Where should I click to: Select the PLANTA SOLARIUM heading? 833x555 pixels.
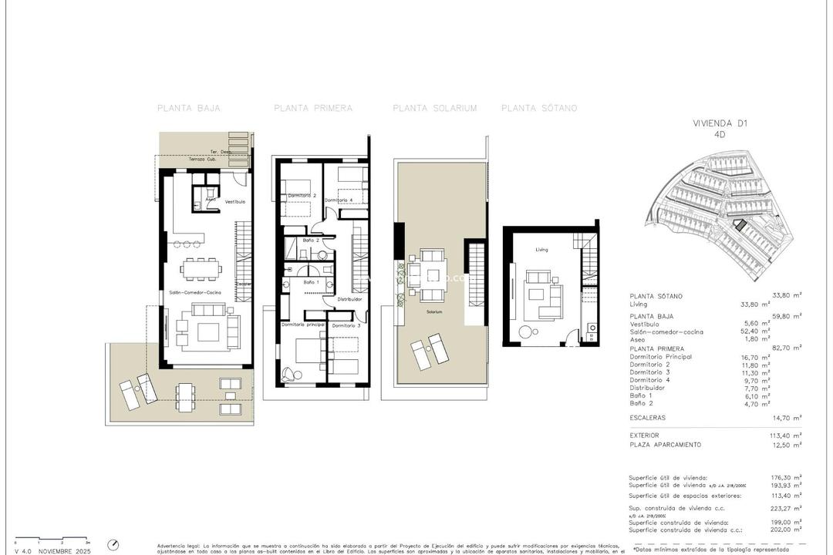point(434,109)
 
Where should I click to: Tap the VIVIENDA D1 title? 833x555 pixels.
point(720,123)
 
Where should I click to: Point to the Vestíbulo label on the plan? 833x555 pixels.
point(234,202)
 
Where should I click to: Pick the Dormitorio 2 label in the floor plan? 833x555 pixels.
point(302,196)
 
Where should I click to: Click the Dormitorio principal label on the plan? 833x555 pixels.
point(302,325)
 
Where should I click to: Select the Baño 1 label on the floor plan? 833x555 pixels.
point(311,283)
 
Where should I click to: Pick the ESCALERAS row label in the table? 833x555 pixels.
point(647,418)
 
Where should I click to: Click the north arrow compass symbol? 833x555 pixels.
point(113,544)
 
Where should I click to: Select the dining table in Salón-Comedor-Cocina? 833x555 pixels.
point(201,267)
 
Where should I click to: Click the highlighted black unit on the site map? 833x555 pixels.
point(740,225)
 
